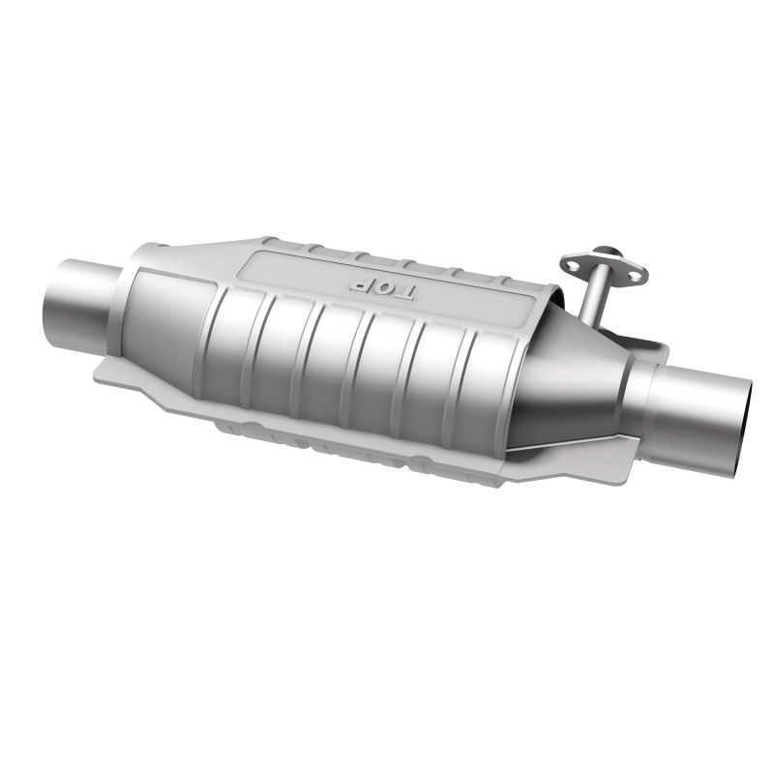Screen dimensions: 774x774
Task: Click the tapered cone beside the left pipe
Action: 160,310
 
